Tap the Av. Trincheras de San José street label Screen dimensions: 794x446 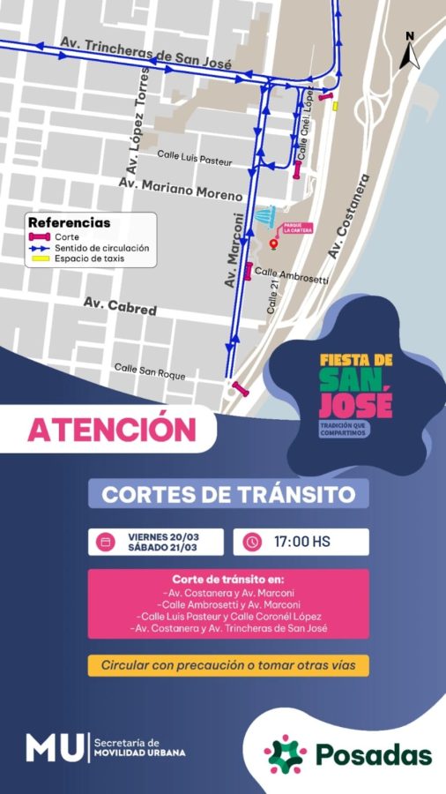tap(145, 54)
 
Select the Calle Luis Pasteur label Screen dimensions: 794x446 tap(195, 157)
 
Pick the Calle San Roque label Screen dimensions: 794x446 tap(150, 371)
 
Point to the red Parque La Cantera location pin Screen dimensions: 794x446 tap(273, 243)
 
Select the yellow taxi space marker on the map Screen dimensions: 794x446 tap(335, 107)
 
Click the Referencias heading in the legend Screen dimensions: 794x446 tap(70, 223)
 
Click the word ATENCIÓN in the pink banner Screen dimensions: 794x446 tap(111, 429)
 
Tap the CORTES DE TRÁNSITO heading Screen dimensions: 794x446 tap(228, 493)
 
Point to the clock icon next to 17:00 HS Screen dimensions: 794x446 tap(253, 542)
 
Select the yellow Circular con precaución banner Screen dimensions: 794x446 tap(228, 665)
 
